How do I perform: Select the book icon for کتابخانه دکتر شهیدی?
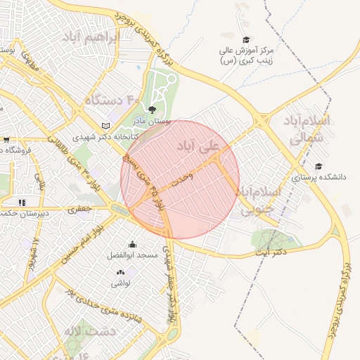(106, 125)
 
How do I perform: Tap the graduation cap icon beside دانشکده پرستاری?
(319, 167)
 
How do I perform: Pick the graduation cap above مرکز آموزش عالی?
(245, 39)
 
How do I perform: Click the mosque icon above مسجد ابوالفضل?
(131, 244)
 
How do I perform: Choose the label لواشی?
(120, 283)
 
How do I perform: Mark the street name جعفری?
(79, 208)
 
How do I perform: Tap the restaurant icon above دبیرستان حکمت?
(22, 202)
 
